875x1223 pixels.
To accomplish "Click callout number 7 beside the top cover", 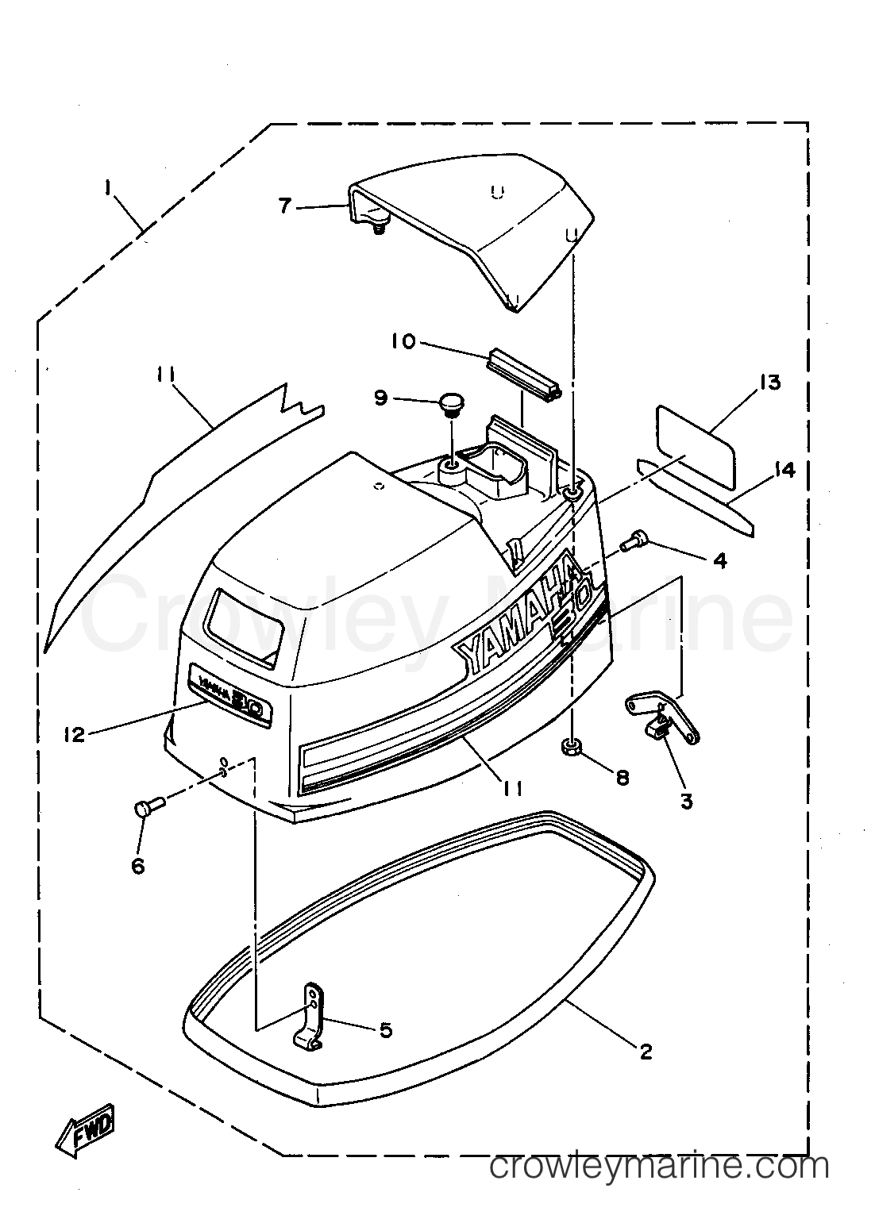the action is (285, 206).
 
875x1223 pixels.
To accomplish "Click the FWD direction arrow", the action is (85, 1108).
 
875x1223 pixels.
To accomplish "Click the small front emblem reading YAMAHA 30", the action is (229, 695).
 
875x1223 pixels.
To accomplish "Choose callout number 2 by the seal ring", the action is (646, 1051).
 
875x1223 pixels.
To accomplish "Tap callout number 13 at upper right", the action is (769, 383).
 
